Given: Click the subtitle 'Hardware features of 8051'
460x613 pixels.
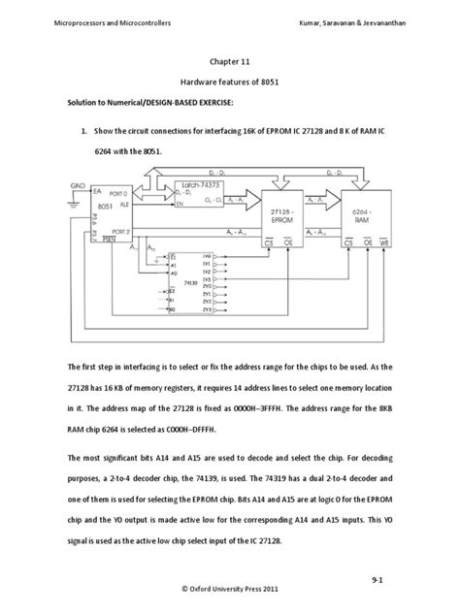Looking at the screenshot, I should click(x=229, y=84).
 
